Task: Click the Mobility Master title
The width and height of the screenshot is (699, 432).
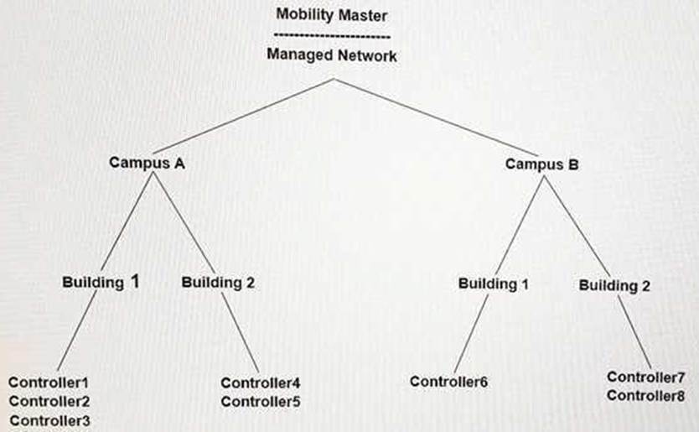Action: (332, 15)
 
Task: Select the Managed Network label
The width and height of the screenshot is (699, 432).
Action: (332, 55)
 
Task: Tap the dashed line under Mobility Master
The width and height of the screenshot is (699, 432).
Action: (332, 36)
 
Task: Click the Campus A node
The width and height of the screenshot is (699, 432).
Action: (147, 163)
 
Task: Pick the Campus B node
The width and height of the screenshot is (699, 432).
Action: (541, 164)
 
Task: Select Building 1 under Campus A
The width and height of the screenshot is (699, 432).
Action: (101, 282)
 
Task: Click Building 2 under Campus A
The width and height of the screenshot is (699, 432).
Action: (218, 283)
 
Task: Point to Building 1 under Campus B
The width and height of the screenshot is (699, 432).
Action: (494, 284)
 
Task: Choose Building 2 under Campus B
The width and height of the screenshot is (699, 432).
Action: (614, 285)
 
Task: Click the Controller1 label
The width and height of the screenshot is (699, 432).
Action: (49, 383)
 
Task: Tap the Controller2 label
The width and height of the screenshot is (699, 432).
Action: (49, 401)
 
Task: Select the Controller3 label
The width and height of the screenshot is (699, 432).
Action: (49, 420)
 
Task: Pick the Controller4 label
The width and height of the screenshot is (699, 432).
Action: (261, 383)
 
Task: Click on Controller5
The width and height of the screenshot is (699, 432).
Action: (261, 402)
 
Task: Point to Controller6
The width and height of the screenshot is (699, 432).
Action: (448, 382)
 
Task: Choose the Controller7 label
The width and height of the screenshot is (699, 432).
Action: (645, 377)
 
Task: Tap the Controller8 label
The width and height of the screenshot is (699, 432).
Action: (645, 396)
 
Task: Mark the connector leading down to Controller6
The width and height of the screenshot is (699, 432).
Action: (471, 333)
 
